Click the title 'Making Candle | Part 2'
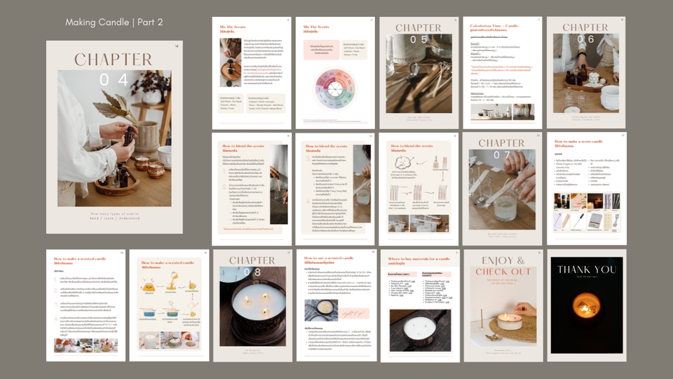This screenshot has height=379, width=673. point(114,22)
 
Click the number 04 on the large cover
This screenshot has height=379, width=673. point(114,80)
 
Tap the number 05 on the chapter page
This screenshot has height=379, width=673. point(419,40)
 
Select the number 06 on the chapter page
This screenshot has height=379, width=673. point(585,40)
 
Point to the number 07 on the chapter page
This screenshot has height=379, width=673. point(502,156)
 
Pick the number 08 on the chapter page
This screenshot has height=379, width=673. point(252,272)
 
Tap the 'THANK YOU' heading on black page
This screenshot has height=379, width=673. point(586,270)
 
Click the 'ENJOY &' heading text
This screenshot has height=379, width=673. point(502,260)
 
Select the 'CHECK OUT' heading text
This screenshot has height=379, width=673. point(502,272)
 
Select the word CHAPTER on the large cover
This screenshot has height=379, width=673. point(114,60)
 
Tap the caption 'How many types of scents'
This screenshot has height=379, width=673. point(114,213)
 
